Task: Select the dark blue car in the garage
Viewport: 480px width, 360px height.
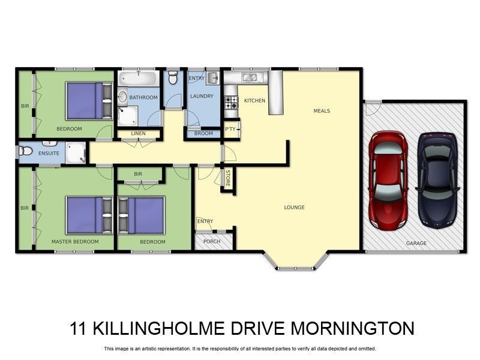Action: [x=437, y=179]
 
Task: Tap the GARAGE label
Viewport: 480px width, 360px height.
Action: [x=416, y=243]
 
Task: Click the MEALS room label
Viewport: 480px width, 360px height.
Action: [x=322, y=111]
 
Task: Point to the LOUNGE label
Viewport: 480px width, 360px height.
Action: [x=294, y=208]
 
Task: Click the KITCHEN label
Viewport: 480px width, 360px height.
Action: [x=254, y=101]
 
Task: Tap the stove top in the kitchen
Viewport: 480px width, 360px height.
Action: [x=231, y=103]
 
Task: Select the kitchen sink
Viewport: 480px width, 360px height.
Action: [x=249, y=77]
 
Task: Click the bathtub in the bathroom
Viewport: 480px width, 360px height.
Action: [x=137, y=79]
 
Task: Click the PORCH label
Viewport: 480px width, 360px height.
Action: [x=212, y=242]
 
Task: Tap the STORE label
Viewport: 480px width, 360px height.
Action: [x=227, y=178]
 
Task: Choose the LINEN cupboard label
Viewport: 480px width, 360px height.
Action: [x=138, y=133]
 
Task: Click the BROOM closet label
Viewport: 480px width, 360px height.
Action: [x=203, y=133]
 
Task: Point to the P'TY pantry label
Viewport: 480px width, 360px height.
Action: [x=230, y=129]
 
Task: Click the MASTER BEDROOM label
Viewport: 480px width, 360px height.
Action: [x=75, y=242]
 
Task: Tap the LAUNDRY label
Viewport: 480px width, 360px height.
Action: [x=202, y=96]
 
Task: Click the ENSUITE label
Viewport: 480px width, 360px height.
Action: [x=49, y=153]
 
